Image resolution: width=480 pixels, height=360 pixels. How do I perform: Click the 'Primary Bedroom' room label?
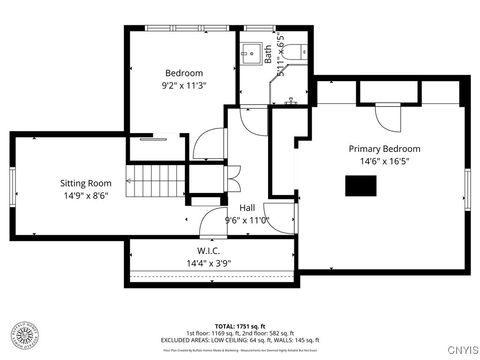[x=384, y=149]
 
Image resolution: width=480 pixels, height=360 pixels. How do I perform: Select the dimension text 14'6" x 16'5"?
[x=384, y=162]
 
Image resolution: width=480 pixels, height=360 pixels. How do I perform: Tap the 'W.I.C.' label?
[x=208, y=251]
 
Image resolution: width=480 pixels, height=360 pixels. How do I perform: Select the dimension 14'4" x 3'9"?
[x=208, y=264]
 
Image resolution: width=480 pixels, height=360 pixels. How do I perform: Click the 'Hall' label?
[x=246, y=207]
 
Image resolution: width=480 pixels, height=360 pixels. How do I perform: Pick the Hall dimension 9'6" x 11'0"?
[x=246, y=220]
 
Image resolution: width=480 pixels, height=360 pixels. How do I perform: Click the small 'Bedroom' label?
[x=184, y=73]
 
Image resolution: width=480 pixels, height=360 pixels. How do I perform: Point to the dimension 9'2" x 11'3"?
[x=184, y=86]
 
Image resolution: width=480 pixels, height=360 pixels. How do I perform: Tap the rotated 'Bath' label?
[x=268, y=52]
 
